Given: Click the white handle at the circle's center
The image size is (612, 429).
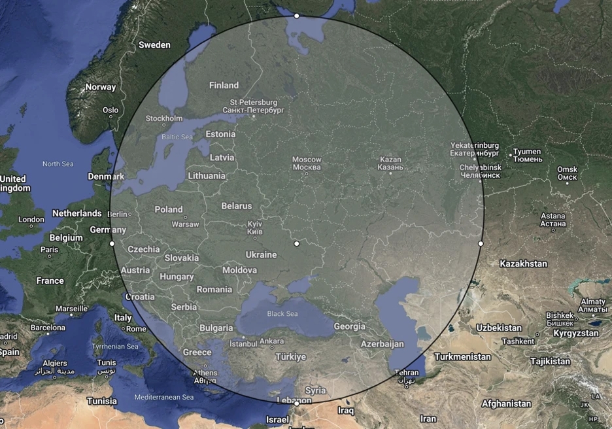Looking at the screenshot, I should coord(297,243).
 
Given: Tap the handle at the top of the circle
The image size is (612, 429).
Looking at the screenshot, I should coord(297,16).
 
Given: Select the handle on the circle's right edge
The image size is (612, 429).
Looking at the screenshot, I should coord(481,243).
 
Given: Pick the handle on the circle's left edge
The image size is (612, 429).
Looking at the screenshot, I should coord(112,243).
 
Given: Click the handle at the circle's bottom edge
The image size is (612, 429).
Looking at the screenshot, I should coord(297,403).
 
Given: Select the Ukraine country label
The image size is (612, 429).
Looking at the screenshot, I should coord(261,254).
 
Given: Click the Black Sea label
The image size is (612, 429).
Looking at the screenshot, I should coord(282,314).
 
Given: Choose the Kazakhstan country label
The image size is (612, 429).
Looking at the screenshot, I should coord(523,264).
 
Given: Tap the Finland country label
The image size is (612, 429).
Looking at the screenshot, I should coord(224,85).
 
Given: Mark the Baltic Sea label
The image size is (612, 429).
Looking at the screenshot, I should coord(177,137).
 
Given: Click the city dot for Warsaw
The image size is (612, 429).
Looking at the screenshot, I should coord(185,217).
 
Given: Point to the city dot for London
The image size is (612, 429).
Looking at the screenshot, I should coord(31,227).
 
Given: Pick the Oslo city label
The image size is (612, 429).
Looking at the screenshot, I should coord(110,110).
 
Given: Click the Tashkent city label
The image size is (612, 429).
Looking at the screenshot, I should coord(518,341).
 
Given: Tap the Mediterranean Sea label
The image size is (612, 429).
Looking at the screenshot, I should coord(164,397).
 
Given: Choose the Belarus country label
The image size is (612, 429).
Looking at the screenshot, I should coord(236,206).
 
